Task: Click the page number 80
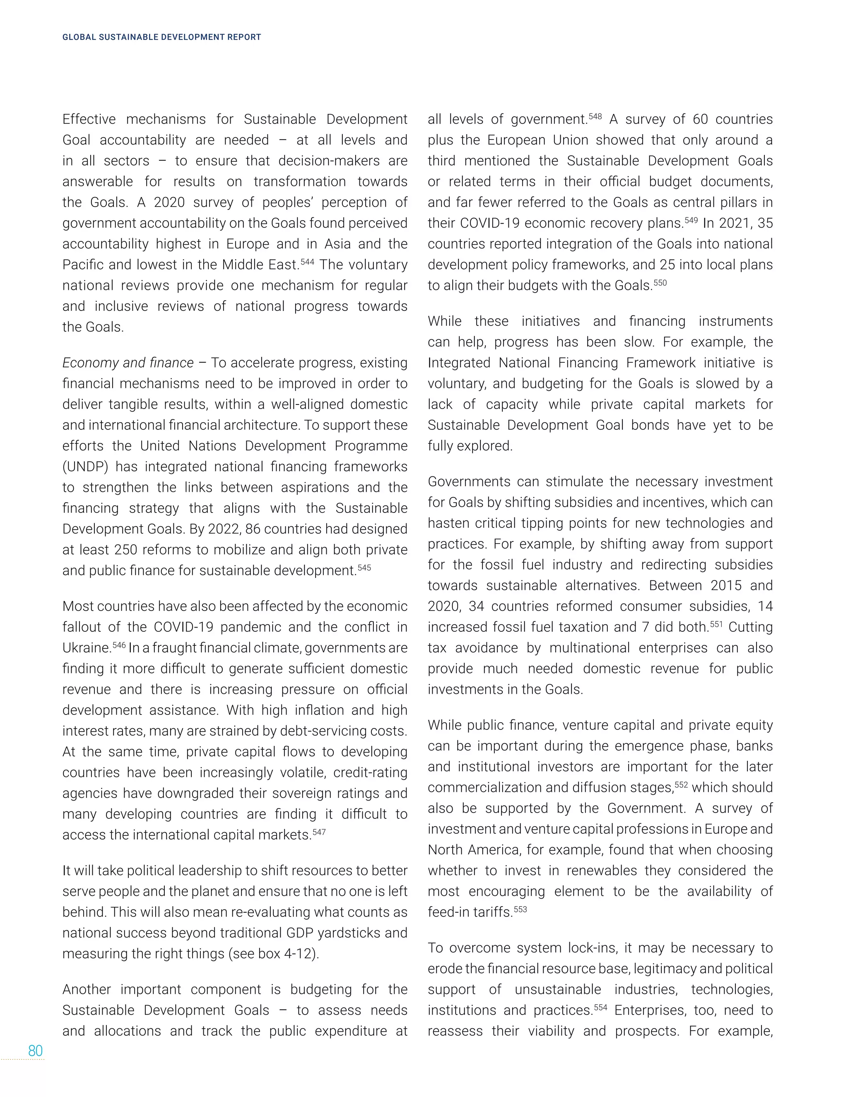(35, 1051)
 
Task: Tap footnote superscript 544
(307, 261)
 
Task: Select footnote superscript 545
(364, 568)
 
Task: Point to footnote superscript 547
(319, 832)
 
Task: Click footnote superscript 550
(660, 282)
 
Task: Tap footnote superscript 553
(520, 909)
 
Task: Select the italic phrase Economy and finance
(128, 363)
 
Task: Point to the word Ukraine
(86, 648)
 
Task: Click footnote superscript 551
(716, 624)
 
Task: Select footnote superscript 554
(600, 1007)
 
